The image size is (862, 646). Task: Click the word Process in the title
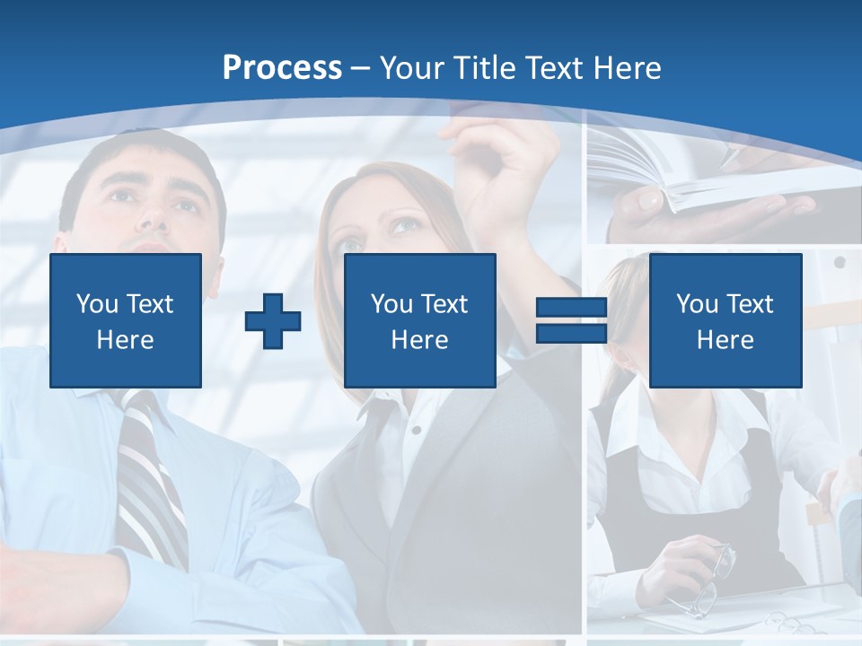pyautogui.click(x=282, y=68)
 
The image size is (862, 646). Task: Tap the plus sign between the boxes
pyautogui.click(x=273, y=321)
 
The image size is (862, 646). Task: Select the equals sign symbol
pyautogui.click(x=571, y=321)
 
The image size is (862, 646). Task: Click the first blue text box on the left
pyautogui.click(x=126, y=320)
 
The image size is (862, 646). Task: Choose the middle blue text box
pyautogui.click(x=419, y=320)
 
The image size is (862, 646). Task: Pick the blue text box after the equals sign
pyautogui.click(x=725, y=320)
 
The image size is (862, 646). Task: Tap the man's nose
pyautogui.click(x=153, y=215)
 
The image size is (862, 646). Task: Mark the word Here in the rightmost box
pyautogui.click(x=725, y=340)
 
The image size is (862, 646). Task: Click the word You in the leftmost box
pyautogui.click(x=97, y=303)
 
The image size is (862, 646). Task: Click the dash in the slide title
pyautogui.click(x=361, y=68)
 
